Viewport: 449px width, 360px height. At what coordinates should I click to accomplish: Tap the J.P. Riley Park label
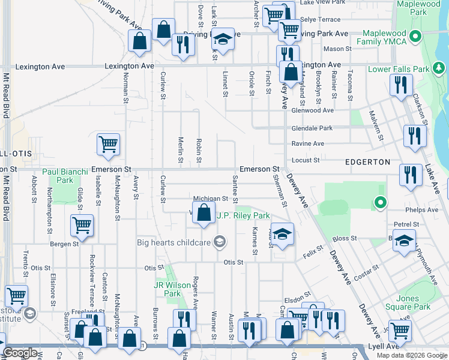[x=243, y=215]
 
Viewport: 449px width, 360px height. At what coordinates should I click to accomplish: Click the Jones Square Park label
[x=413, y=302]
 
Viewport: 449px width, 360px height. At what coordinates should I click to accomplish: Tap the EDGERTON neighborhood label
[x=368, y=162]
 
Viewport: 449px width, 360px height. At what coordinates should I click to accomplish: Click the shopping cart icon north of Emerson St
[x=108, y=144]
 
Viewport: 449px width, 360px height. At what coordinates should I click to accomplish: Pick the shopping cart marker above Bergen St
[x=81, y=226]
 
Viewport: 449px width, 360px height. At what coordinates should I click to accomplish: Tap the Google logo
[x=20, y=352]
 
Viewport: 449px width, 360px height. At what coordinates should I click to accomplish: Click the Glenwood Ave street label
[x=312, y=110]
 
